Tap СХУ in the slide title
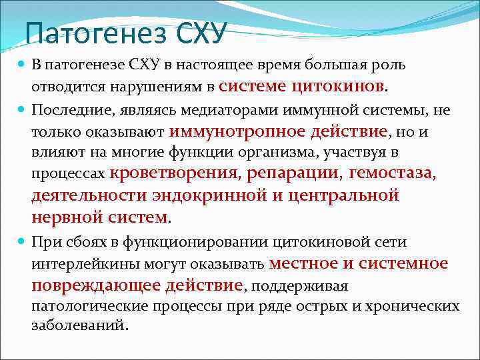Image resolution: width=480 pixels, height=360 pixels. click(200, 31)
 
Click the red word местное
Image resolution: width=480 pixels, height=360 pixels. click(303, 263)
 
